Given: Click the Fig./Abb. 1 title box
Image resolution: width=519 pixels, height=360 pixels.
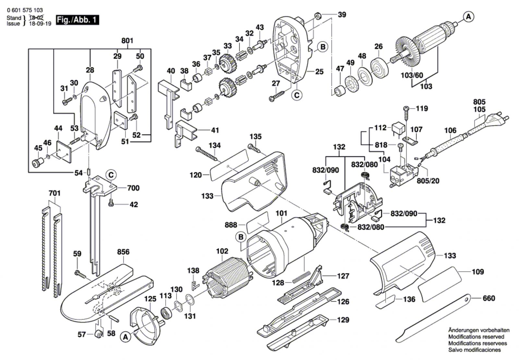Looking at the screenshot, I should (x=77, y=20).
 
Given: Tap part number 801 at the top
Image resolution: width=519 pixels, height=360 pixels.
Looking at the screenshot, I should (x=127, y=41).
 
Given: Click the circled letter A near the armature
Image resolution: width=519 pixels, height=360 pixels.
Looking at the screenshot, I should (x=468, y=17).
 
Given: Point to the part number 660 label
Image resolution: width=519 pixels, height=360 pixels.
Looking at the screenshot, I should (x=489, y=298).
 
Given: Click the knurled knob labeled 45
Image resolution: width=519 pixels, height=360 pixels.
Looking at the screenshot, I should (x=38, y=162).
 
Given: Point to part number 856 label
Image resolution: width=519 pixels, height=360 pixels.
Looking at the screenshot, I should (x=123, y=252).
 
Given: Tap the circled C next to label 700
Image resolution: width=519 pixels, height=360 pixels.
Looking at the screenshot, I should (x=111, y=175).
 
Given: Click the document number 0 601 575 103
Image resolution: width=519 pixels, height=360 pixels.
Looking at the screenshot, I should (x=25, y=10).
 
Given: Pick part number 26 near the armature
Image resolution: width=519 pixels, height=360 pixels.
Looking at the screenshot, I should (x=379, y=46).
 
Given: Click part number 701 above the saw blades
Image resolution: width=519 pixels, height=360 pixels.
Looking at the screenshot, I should (x=54, y=193).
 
